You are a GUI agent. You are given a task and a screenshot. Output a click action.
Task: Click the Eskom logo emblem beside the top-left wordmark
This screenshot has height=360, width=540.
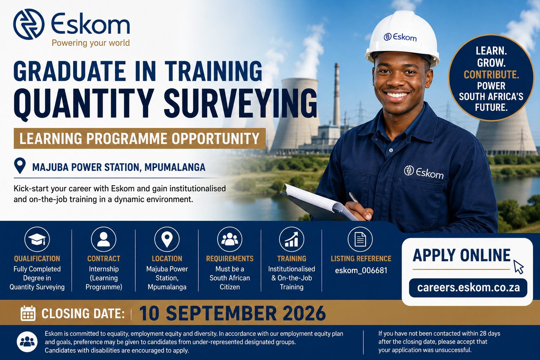tap(29, 24)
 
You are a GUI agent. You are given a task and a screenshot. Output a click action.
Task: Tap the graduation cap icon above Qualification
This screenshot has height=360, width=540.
tap(37, 239)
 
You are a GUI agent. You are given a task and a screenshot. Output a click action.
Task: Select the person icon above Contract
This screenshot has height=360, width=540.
tap(104, 239)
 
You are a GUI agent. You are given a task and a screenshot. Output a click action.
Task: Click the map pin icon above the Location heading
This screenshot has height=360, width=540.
tap(167, 239)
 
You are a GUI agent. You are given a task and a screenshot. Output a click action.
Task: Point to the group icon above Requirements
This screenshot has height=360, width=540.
tap(230, 239)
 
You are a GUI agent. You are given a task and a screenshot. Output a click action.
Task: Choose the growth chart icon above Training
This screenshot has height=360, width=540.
tap(291, 239)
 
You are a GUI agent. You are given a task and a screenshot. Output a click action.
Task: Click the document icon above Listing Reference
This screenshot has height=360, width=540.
tap(360, 239)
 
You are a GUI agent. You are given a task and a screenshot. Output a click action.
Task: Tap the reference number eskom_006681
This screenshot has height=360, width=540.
tap(361, 270)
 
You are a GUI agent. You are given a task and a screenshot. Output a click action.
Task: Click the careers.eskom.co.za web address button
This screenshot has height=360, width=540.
tap(468, 288)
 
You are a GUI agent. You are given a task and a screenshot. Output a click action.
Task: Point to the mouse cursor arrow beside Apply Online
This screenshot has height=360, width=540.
tap(518, 267)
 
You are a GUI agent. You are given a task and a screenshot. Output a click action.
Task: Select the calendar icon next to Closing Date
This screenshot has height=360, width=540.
tap(28, 313)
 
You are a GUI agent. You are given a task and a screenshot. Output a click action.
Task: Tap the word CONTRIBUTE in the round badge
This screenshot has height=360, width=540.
tap(491, 75)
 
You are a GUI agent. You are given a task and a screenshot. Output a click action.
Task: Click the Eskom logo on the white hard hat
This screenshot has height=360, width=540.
tap(400, 37)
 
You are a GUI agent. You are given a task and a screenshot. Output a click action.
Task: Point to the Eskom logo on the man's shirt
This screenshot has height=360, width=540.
tap(424, 172)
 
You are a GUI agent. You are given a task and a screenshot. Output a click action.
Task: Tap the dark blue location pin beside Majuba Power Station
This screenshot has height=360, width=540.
tap(20, 166)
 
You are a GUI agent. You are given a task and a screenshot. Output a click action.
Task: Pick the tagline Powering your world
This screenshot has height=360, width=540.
tap(91, 43)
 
